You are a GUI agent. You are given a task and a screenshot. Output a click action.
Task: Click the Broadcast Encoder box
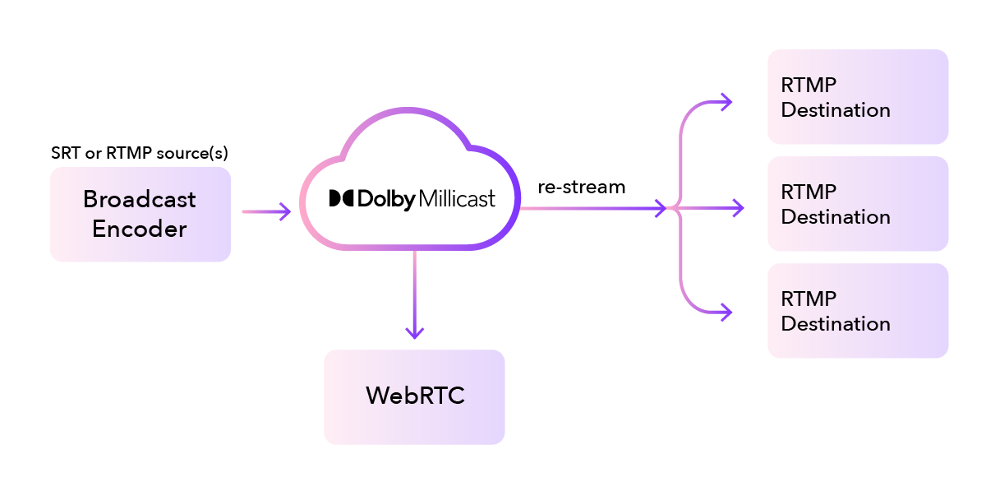pyautogui.click(x=140, y=215)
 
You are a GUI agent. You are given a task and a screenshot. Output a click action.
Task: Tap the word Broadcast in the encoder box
pyautogui.click(x=140, y=200)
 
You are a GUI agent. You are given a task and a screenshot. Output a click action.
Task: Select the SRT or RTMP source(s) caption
pyautogui.click(x=140, y=153)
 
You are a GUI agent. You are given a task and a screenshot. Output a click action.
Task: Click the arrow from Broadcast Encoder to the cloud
pyautogui.click(x=266, y=211)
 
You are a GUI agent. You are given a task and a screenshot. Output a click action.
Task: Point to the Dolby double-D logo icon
pyautogui.click(x=341, y=198)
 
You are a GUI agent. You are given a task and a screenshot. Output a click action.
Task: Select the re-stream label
pyautogui.click(x=582, y=188)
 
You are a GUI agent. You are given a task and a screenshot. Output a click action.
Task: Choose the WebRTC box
pyautogui.click(x=414, y=396)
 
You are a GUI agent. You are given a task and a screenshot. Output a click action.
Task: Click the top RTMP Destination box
pyautogui.click(x=858, y=97)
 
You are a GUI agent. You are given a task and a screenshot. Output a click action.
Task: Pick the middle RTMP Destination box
pyautogui.click(x=858, y=204)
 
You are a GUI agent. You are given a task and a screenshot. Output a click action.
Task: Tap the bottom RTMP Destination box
pyautogui.click(x=858, y=311)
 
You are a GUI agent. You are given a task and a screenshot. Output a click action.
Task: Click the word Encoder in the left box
pyautogui.click(x=140, y=229)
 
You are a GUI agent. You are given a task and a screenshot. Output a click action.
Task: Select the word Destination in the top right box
pyautogui.click(x=836, y=110)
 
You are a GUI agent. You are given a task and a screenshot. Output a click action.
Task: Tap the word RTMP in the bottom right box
pyautogui.click(x=809, y=299)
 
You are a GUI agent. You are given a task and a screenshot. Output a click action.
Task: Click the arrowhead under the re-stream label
pyautogui.click(x=659, y=208)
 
